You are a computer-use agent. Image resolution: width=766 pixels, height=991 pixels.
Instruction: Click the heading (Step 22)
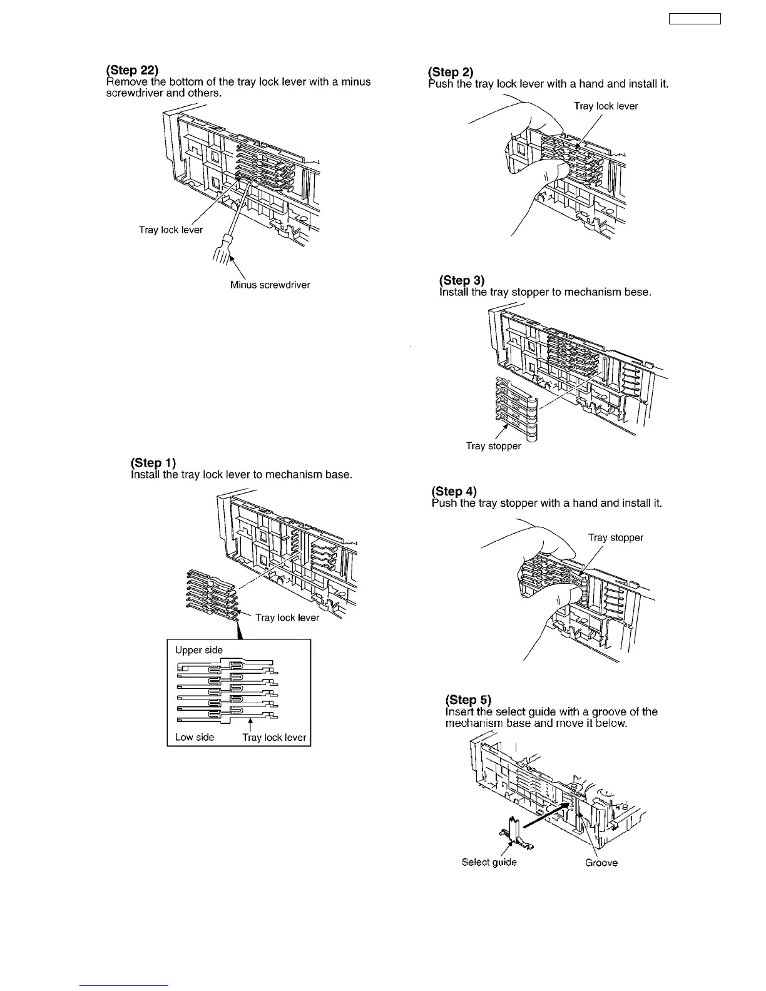132,70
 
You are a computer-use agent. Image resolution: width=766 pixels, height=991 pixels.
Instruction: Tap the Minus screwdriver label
270,285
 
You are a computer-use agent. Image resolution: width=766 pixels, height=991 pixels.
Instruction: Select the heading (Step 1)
153,463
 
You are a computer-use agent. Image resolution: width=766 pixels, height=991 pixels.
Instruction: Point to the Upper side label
198,650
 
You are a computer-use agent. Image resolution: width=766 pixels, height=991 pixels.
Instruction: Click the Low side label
194,737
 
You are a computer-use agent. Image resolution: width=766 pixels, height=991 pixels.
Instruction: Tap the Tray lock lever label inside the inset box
274,737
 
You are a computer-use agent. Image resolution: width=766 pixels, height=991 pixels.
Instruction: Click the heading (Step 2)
451,72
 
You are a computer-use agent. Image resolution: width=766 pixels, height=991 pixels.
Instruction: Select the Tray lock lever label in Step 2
606,106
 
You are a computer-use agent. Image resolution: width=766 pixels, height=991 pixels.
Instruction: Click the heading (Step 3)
462,280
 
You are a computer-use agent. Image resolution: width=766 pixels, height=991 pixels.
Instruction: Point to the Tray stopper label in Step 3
493,446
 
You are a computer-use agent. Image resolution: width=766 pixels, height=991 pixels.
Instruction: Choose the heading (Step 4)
454,491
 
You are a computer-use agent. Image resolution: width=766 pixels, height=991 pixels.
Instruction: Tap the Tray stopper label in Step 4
615,537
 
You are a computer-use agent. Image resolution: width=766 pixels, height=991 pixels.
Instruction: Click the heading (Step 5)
468,699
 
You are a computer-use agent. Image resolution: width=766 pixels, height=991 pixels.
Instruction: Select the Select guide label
489,862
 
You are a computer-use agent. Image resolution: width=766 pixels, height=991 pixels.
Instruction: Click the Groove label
601,863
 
